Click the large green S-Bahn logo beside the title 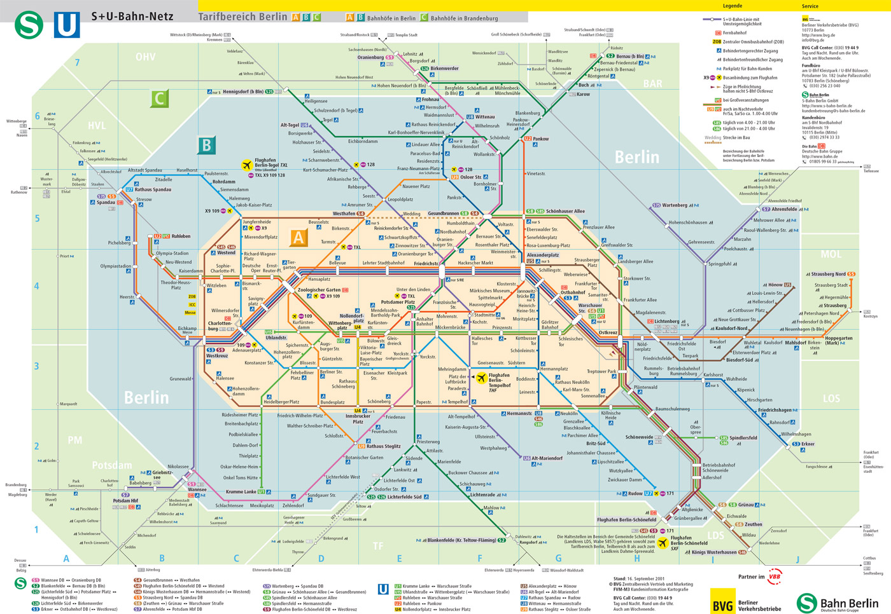tap(29, 24)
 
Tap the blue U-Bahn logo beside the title tap(67, 24)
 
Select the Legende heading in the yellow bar tap(732, 6)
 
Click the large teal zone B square tap(206, 146)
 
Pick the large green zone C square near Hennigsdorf tap(159, 99)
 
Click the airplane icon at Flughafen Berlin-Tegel tap(247, 165)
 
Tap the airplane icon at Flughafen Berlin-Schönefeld tap(663, 543)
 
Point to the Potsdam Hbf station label tap(125, 501)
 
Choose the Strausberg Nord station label tap(828, 274)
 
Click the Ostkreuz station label tap(608, 332)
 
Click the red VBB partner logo tap(775, 576)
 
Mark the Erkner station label tap(808, 444)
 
